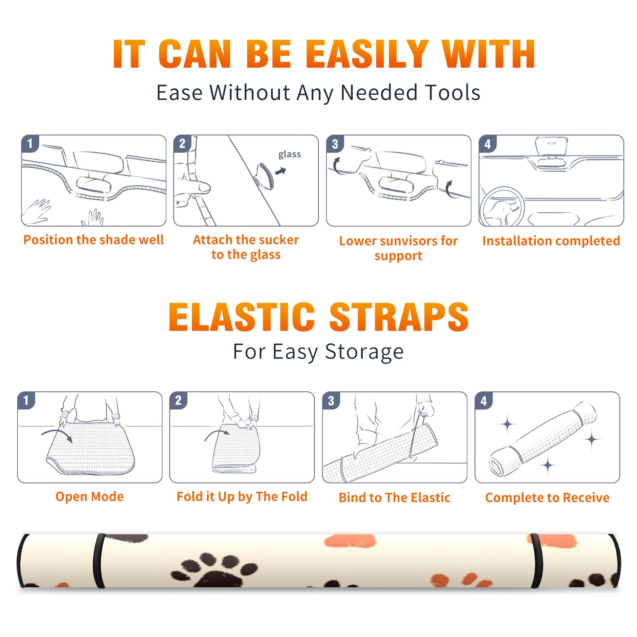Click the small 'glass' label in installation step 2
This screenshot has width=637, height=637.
[x=289, y=154]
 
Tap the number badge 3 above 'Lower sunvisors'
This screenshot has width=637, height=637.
[x=335, y=144]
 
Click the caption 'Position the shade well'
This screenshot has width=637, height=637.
[x=94, y=240]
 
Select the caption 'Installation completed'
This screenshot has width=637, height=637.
[x=551, y=240]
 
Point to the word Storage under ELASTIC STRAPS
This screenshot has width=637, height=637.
[x=364, y=352]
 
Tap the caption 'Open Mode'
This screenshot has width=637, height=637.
[x=90, y=496]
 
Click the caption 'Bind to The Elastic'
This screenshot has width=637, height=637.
[x=395, y=498]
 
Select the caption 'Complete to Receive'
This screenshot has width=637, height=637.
[x=547, y=498]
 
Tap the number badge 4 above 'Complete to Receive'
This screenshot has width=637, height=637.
[x=484, y=401]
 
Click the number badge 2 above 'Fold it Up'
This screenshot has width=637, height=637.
[x=178, y=401]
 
